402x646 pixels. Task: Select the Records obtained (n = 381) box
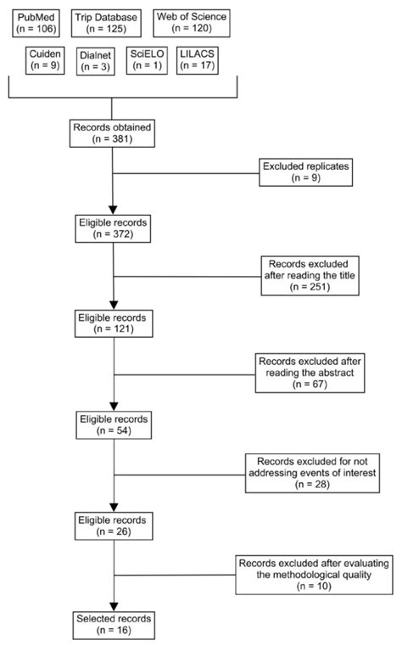tap(113, 136)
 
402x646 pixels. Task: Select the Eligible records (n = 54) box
tap(113, 424)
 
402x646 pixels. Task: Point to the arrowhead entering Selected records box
tap(113, 604)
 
